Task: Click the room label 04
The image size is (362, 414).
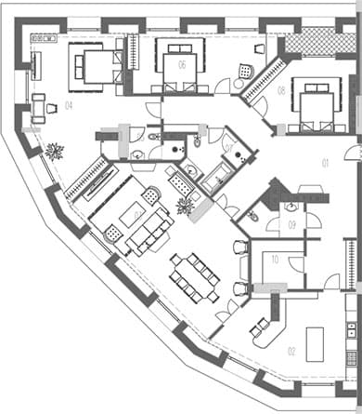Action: pyautogui.click(x=69, y=105)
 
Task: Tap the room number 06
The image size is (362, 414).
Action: pyautogui.click(x=182, y=64)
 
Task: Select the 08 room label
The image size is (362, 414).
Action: pyautogui.click(x=280, y=90)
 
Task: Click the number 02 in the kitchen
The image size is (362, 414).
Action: pyautogui.click(x=291, y=352)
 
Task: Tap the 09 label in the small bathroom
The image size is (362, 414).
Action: pyautogui.click(x=291, y=224)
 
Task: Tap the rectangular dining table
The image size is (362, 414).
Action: pyautogui.click(x=194, y=275)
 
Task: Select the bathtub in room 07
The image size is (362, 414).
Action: pyautogui.click(x=220, y=173)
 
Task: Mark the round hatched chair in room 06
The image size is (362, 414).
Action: pyautogui.click(x=244, y=70)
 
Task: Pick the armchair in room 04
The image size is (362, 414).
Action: pyautogui.click(x=40, y=108)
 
